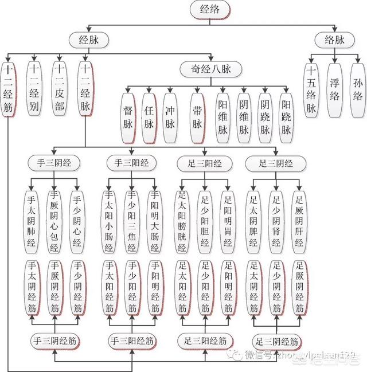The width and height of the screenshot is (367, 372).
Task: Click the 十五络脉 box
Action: point(311,89)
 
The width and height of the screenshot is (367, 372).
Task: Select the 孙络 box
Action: point(359,89)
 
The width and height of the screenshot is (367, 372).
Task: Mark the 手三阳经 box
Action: point(127,163)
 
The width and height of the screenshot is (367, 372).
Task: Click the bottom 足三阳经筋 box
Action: point(200,340)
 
